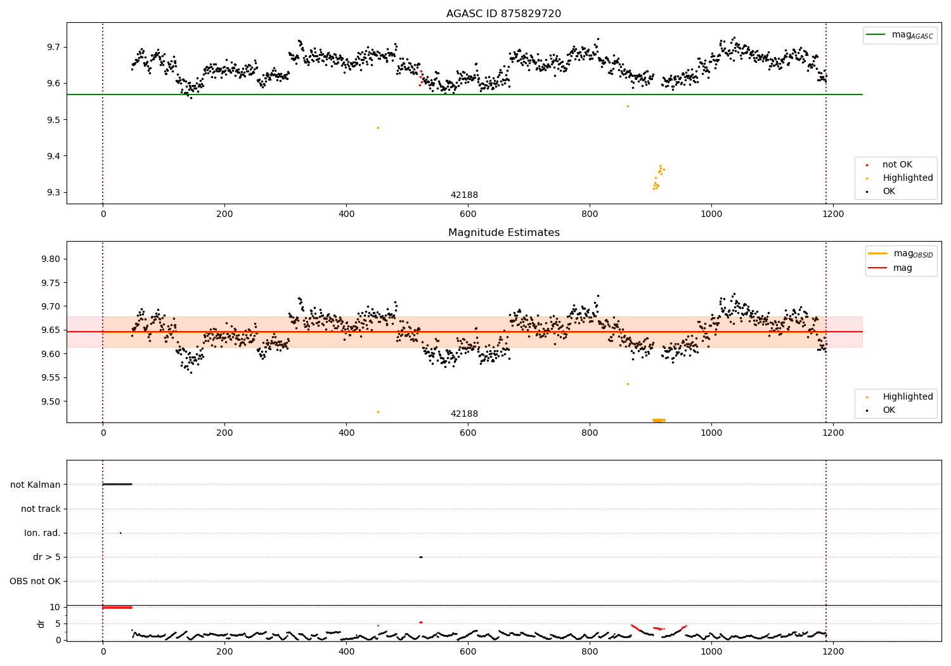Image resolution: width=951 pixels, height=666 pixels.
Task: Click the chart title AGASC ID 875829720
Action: (503, 14)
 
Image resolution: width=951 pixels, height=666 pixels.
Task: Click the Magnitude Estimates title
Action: (503, 233)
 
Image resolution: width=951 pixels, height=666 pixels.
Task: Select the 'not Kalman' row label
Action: (36, 485)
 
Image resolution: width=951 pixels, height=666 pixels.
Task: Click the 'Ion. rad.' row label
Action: (42, 533)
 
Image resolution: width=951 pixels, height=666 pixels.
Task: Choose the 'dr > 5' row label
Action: (47, 557)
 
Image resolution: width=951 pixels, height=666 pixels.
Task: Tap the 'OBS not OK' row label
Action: (35, 581)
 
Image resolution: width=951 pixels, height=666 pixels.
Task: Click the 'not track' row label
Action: (41, 509)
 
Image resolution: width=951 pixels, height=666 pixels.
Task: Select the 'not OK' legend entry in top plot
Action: (897, 165)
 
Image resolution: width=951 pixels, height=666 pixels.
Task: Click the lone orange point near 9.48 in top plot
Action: (378, 127)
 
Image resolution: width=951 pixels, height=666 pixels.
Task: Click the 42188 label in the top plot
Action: (464, 195)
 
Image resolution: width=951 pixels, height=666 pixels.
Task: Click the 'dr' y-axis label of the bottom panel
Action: (41, 624)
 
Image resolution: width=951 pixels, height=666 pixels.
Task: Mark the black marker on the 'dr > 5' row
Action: (420, 557)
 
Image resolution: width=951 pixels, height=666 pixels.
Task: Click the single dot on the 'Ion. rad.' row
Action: (120, 533)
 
